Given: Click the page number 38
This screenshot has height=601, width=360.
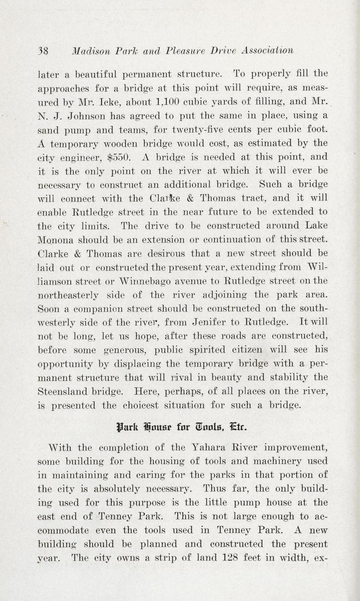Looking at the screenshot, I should pos(42,50).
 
